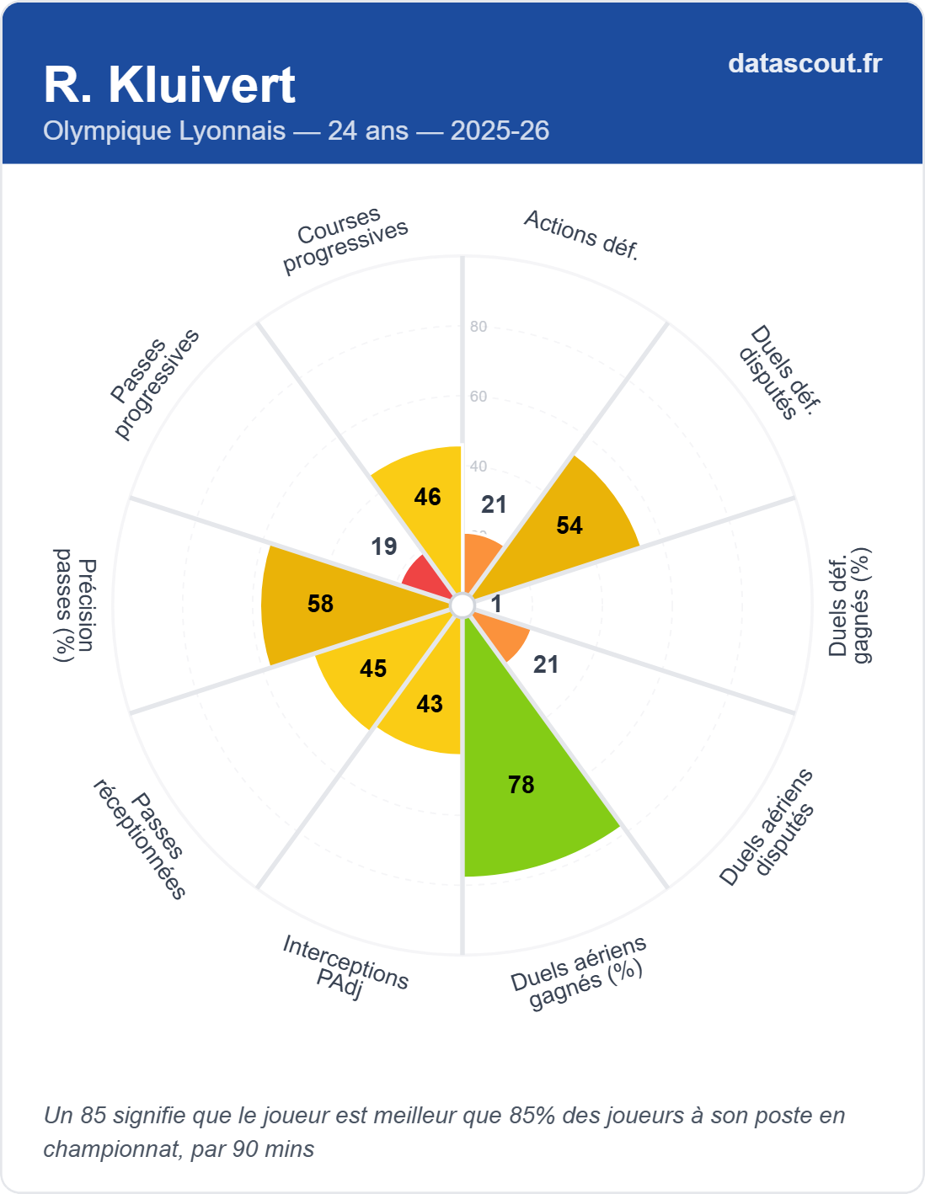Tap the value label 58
click(x=321, y=604)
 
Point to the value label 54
click(x=569, y=525)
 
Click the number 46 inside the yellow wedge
click(x=428, y=497)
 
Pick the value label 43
click(x=430, y=704)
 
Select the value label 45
click(x=373, y=669)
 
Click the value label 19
click(x=384, y=546)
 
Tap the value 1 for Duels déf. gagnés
click(x=496, y=604)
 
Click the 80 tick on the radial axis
click(x=479, y=327)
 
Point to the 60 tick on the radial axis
click(x=479, y=397)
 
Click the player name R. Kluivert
click(x=169, y=85)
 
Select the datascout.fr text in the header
click(x=805, y=63)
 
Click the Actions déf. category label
click(x=581, y=235)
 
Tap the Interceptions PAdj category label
click(x=345, y=967)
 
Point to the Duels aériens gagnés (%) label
click(x=580, y=973)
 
